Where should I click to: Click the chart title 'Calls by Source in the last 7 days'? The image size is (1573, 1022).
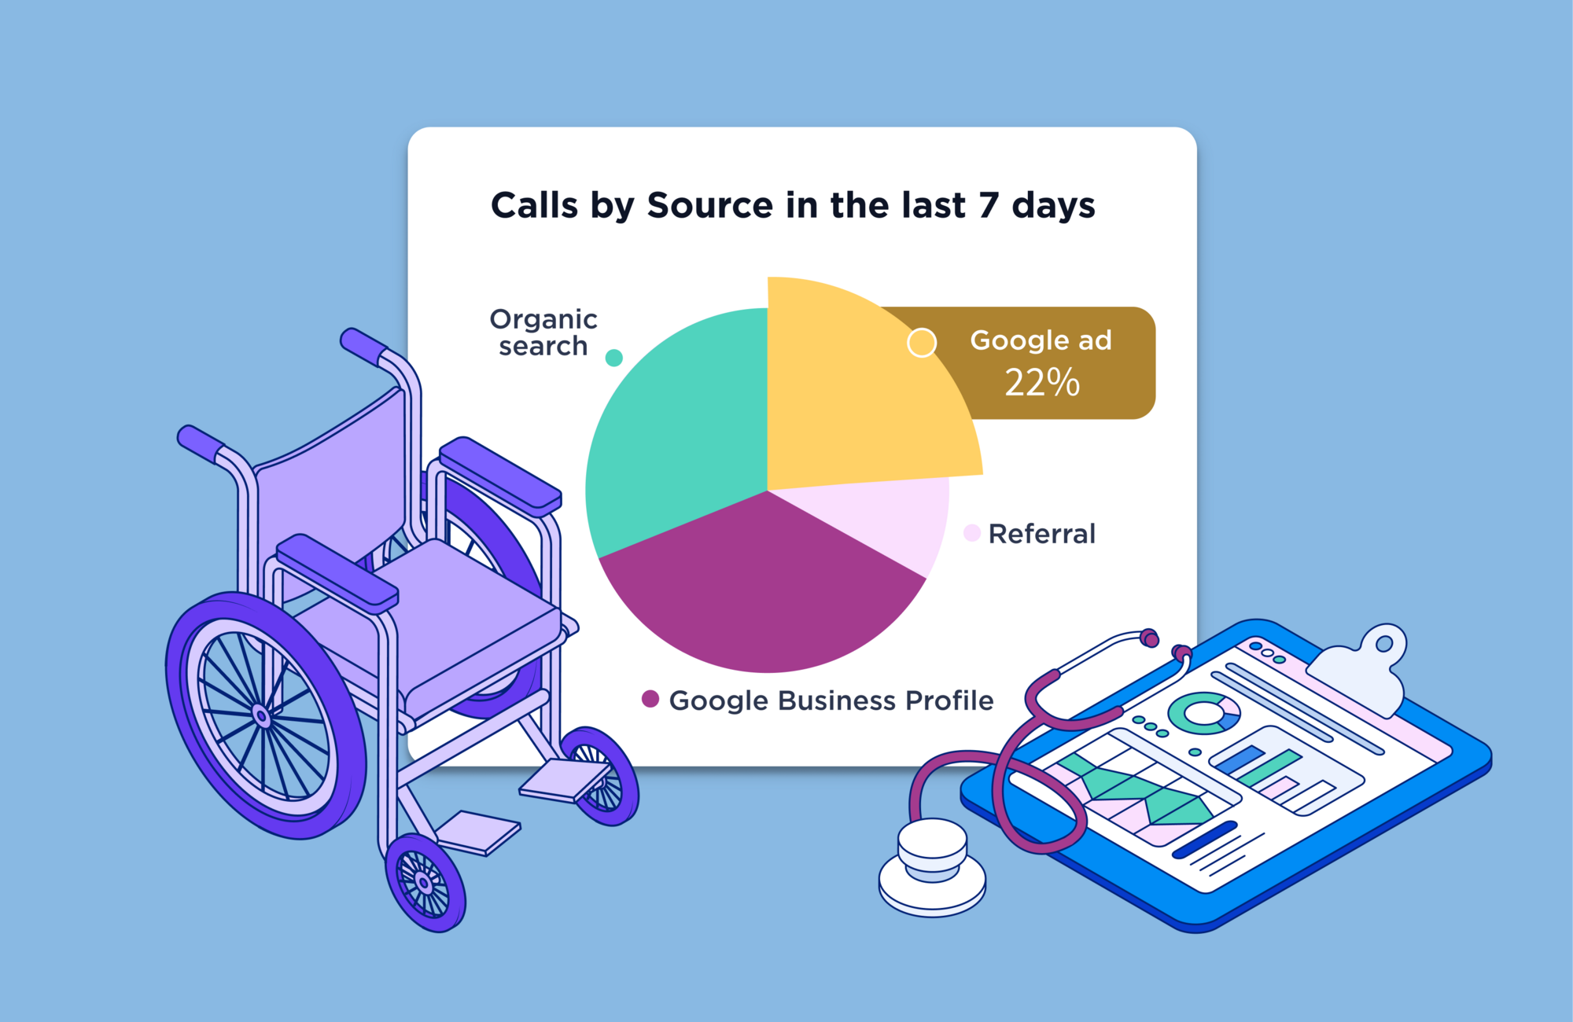tap(793, 205)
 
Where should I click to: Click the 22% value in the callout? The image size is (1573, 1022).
tap(1042, 383)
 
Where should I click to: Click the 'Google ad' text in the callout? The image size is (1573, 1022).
tap(1041, 340)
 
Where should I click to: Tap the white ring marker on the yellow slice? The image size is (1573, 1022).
tap(922, 343)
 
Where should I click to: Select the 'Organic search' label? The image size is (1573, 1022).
tap(543, 333)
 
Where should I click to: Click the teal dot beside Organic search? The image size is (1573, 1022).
tap(614, 358)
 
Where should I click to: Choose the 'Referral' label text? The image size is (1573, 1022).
tap(1041, 534)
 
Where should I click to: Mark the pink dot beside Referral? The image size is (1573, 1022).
tap(972, 533)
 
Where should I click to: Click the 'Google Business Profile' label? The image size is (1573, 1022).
tap(831, 700)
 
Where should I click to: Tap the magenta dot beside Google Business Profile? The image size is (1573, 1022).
tap(650, 699)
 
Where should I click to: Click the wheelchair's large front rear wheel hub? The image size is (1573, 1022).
tap(262, 716)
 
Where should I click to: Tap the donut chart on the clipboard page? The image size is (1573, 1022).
tap(1203, 712)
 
